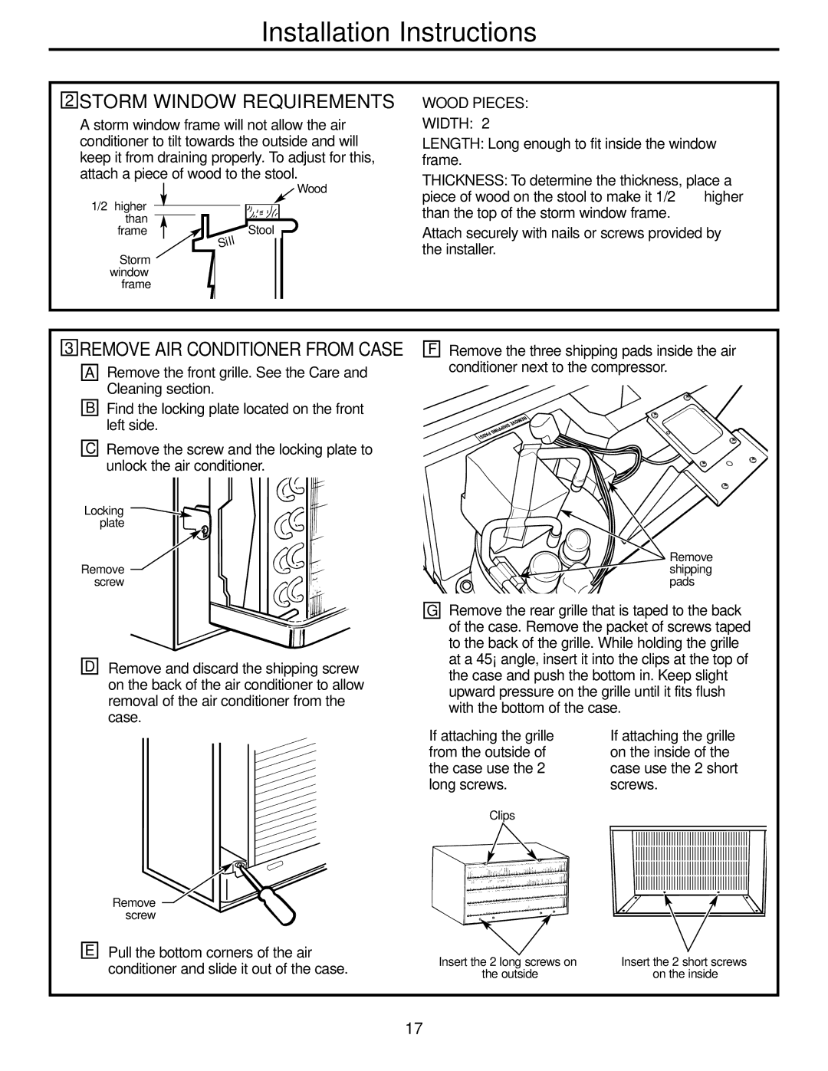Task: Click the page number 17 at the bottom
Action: point(414,1029)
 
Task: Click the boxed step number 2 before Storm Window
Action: point(70,102)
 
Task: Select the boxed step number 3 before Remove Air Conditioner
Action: point(70,350)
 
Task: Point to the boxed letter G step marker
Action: point(433,611)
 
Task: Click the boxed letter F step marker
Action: point(433,350)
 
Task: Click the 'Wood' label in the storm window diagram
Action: point(311,189)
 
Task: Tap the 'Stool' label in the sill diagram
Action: point(261,230)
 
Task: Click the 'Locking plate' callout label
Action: point(105,517)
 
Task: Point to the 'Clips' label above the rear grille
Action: point(502,816)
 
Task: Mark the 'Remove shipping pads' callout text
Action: point(691,570)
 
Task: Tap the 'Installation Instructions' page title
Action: point(399,31)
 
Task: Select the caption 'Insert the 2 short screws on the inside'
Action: point(684,968)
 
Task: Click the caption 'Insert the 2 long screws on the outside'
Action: point(508,968)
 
